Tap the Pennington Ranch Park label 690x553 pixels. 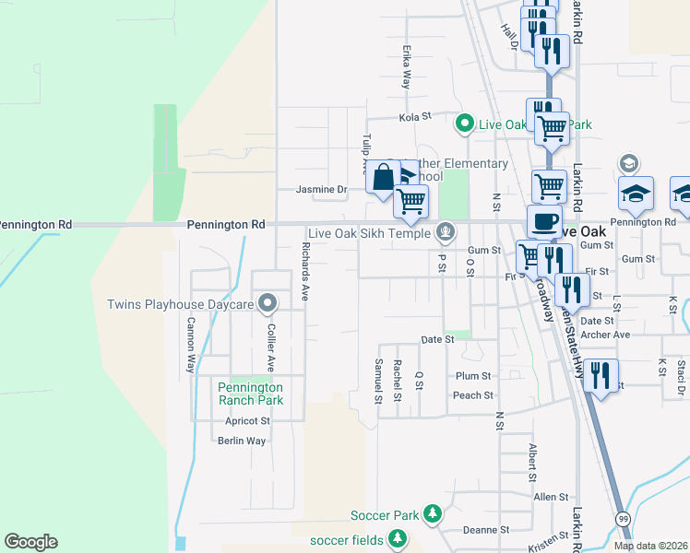tap(250, 394)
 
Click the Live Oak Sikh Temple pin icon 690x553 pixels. tap(446, 231)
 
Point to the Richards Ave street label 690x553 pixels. tap(305, 272)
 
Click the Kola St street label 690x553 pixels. tap(415, 117)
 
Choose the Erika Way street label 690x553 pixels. tap(405, 67)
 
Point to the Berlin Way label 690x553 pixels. tap(242, 441)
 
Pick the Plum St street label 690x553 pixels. tap(473, 376)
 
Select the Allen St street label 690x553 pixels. tap(551, 497)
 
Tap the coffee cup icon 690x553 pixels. tap(544, 221)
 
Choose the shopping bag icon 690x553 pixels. tap(383, 174)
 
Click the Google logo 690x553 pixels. tap(30, 542)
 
